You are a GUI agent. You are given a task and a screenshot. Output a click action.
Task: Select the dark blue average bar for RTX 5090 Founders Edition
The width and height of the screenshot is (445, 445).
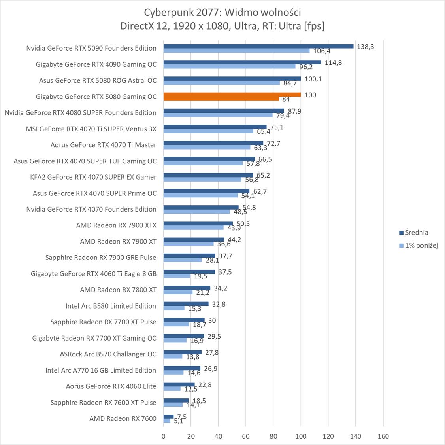click(x=258, y=46)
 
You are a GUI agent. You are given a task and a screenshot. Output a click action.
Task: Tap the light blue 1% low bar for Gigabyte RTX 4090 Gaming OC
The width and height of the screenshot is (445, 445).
click(x=229, y=66)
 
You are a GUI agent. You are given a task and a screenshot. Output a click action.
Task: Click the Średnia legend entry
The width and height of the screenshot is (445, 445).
click(x=413, y=233)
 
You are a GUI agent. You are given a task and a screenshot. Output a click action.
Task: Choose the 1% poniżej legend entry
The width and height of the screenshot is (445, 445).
click(x=419, y=246)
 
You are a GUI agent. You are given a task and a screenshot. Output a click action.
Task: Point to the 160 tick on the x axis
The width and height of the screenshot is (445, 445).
click(x=383, y=437)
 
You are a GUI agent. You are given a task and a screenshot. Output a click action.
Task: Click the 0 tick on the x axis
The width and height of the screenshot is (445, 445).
click(x=164, y=437)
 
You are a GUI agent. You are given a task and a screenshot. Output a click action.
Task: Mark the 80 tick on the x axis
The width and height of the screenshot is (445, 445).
click(x=273, y=437)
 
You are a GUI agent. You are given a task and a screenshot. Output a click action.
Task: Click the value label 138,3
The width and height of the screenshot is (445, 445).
click(x=365, y=47)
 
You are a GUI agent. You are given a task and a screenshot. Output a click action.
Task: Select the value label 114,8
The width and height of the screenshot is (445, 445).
click(x=333, y=62)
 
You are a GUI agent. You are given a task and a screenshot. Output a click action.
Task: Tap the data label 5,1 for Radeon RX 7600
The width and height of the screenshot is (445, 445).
click(x=179, y=421)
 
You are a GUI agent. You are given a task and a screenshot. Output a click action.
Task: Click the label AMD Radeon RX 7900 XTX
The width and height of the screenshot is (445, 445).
click(x=116, y=225)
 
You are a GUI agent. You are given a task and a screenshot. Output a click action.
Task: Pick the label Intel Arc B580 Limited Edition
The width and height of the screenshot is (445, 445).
click(x=111, y=306)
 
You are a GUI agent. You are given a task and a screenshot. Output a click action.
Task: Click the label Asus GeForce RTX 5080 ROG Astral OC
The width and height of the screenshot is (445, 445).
click(x=98, y=80)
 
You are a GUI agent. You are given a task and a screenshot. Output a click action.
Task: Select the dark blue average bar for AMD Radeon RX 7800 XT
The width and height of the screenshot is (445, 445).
click(x=187, y=288)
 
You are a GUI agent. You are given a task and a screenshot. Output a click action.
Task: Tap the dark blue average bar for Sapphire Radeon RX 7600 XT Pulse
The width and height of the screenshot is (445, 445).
click(x=176, y=401)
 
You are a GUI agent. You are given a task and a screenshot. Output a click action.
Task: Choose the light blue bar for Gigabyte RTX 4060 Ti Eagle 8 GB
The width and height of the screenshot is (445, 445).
click(x=177, y=276)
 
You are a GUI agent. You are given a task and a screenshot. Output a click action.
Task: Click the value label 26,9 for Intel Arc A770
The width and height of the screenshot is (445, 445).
click(x=211, y=369)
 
